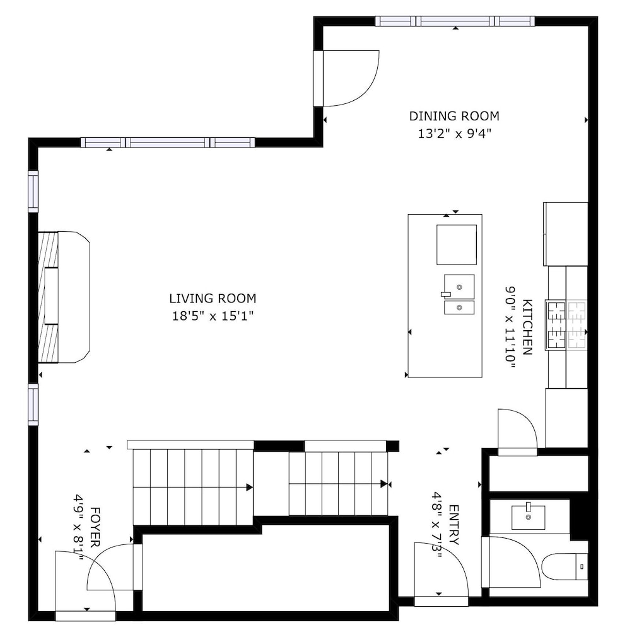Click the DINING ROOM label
click(454, 116)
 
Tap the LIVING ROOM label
click(213, 299)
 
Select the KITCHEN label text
click(527, 327)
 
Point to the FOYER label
click(95, 527)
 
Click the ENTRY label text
click(453, 525)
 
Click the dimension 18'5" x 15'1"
click(213, 316)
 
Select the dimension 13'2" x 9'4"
click(455, 134)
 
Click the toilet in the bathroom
click(564, 566)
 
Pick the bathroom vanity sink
click(529, 517)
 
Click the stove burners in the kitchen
click(566, 324)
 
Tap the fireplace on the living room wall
click(64, 297)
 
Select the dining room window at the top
click(455, 21)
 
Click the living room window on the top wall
click(168, 142)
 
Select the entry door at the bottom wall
click(441, 600)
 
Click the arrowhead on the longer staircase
click(249, 488)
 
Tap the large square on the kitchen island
click(457, 244)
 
